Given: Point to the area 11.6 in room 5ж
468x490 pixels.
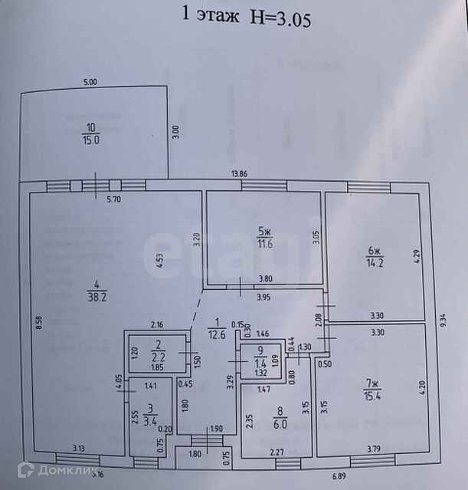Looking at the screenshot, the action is tap(264, 244).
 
